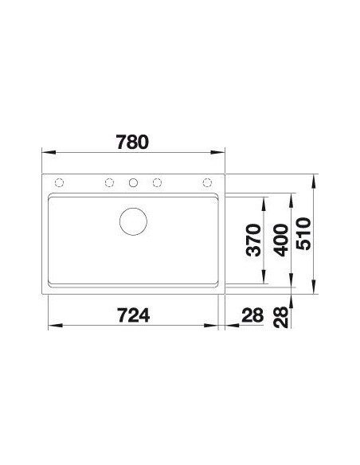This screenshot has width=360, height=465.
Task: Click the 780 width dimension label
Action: coord(132,142)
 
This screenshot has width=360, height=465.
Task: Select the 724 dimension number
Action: coord(134,315)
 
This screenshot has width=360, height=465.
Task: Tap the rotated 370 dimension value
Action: coord(254,240)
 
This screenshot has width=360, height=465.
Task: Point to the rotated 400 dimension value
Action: coord(280,240)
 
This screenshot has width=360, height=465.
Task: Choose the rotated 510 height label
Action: coord(303,233)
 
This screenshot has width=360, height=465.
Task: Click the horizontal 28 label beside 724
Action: coord(252,315)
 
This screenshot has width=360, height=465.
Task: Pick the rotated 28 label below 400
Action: coord(280,318)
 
